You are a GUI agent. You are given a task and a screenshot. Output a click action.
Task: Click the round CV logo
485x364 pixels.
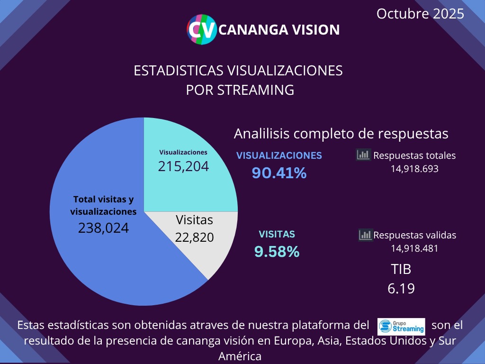[x=202, y=29]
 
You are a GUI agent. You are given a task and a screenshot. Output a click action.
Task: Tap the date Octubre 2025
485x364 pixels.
[x=420, y=14]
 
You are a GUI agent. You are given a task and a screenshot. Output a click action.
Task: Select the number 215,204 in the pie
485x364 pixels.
[x=183, y=166]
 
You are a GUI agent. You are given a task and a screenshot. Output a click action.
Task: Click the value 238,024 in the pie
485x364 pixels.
[x=103, y=228]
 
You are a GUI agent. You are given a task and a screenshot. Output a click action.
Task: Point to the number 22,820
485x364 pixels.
[x=194, y=237]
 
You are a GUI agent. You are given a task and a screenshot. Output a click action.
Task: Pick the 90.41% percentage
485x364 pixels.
[x=279, y=173]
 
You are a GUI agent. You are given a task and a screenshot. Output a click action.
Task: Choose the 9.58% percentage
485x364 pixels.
[x=277, y=252]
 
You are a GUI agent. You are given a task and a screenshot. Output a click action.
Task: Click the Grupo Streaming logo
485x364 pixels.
[x=401, y=327]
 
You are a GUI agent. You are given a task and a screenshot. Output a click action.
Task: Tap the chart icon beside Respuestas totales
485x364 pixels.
[x=363, y=155]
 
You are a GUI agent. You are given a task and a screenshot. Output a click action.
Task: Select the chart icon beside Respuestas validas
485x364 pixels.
[x=365, y=234]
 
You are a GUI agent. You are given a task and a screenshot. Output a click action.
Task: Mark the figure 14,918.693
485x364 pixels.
[x=414, y=168]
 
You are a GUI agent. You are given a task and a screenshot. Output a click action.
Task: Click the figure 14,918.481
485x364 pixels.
[x=414, y=248]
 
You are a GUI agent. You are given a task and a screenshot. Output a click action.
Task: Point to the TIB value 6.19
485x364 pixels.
[x=401, y=288]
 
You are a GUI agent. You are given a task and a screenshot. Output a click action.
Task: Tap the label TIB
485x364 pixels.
[x=401, y=269]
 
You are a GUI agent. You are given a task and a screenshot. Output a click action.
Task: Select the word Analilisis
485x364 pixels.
[x=261, y=134]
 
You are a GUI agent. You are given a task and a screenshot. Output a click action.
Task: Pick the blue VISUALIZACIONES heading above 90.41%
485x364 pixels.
[x=279, y=155]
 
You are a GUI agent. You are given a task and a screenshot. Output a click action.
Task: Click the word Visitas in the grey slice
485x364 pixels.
[x=194, y=220]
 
